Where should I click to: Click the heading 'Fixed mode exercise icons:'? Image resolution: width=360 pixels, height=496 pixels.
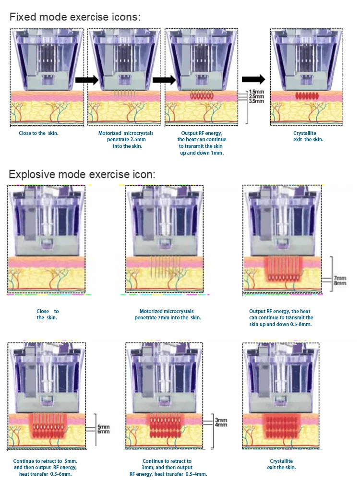point(75,18)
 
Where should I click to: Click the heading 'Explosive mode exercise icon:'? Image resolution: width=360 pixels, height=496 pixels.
point(82,174)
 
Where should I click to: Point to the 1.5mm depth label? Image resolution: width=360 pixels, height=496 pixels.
point(256,92)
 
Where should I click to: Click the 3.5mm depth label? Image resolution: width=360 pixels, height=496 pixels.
point(256,101)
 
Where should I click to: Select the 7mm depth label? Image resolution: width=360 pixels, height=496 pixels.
point(339,278)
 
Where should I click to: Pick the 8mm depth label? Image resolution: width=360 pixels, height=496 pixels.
point(339,283)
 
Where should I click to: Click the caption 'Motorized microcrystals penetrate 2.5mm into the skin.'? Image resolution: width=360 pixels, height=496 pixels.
point(120,139)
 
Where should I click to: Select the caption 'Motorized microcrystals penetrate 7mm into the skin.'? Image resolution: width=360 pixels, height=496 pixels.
point(168,314)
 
